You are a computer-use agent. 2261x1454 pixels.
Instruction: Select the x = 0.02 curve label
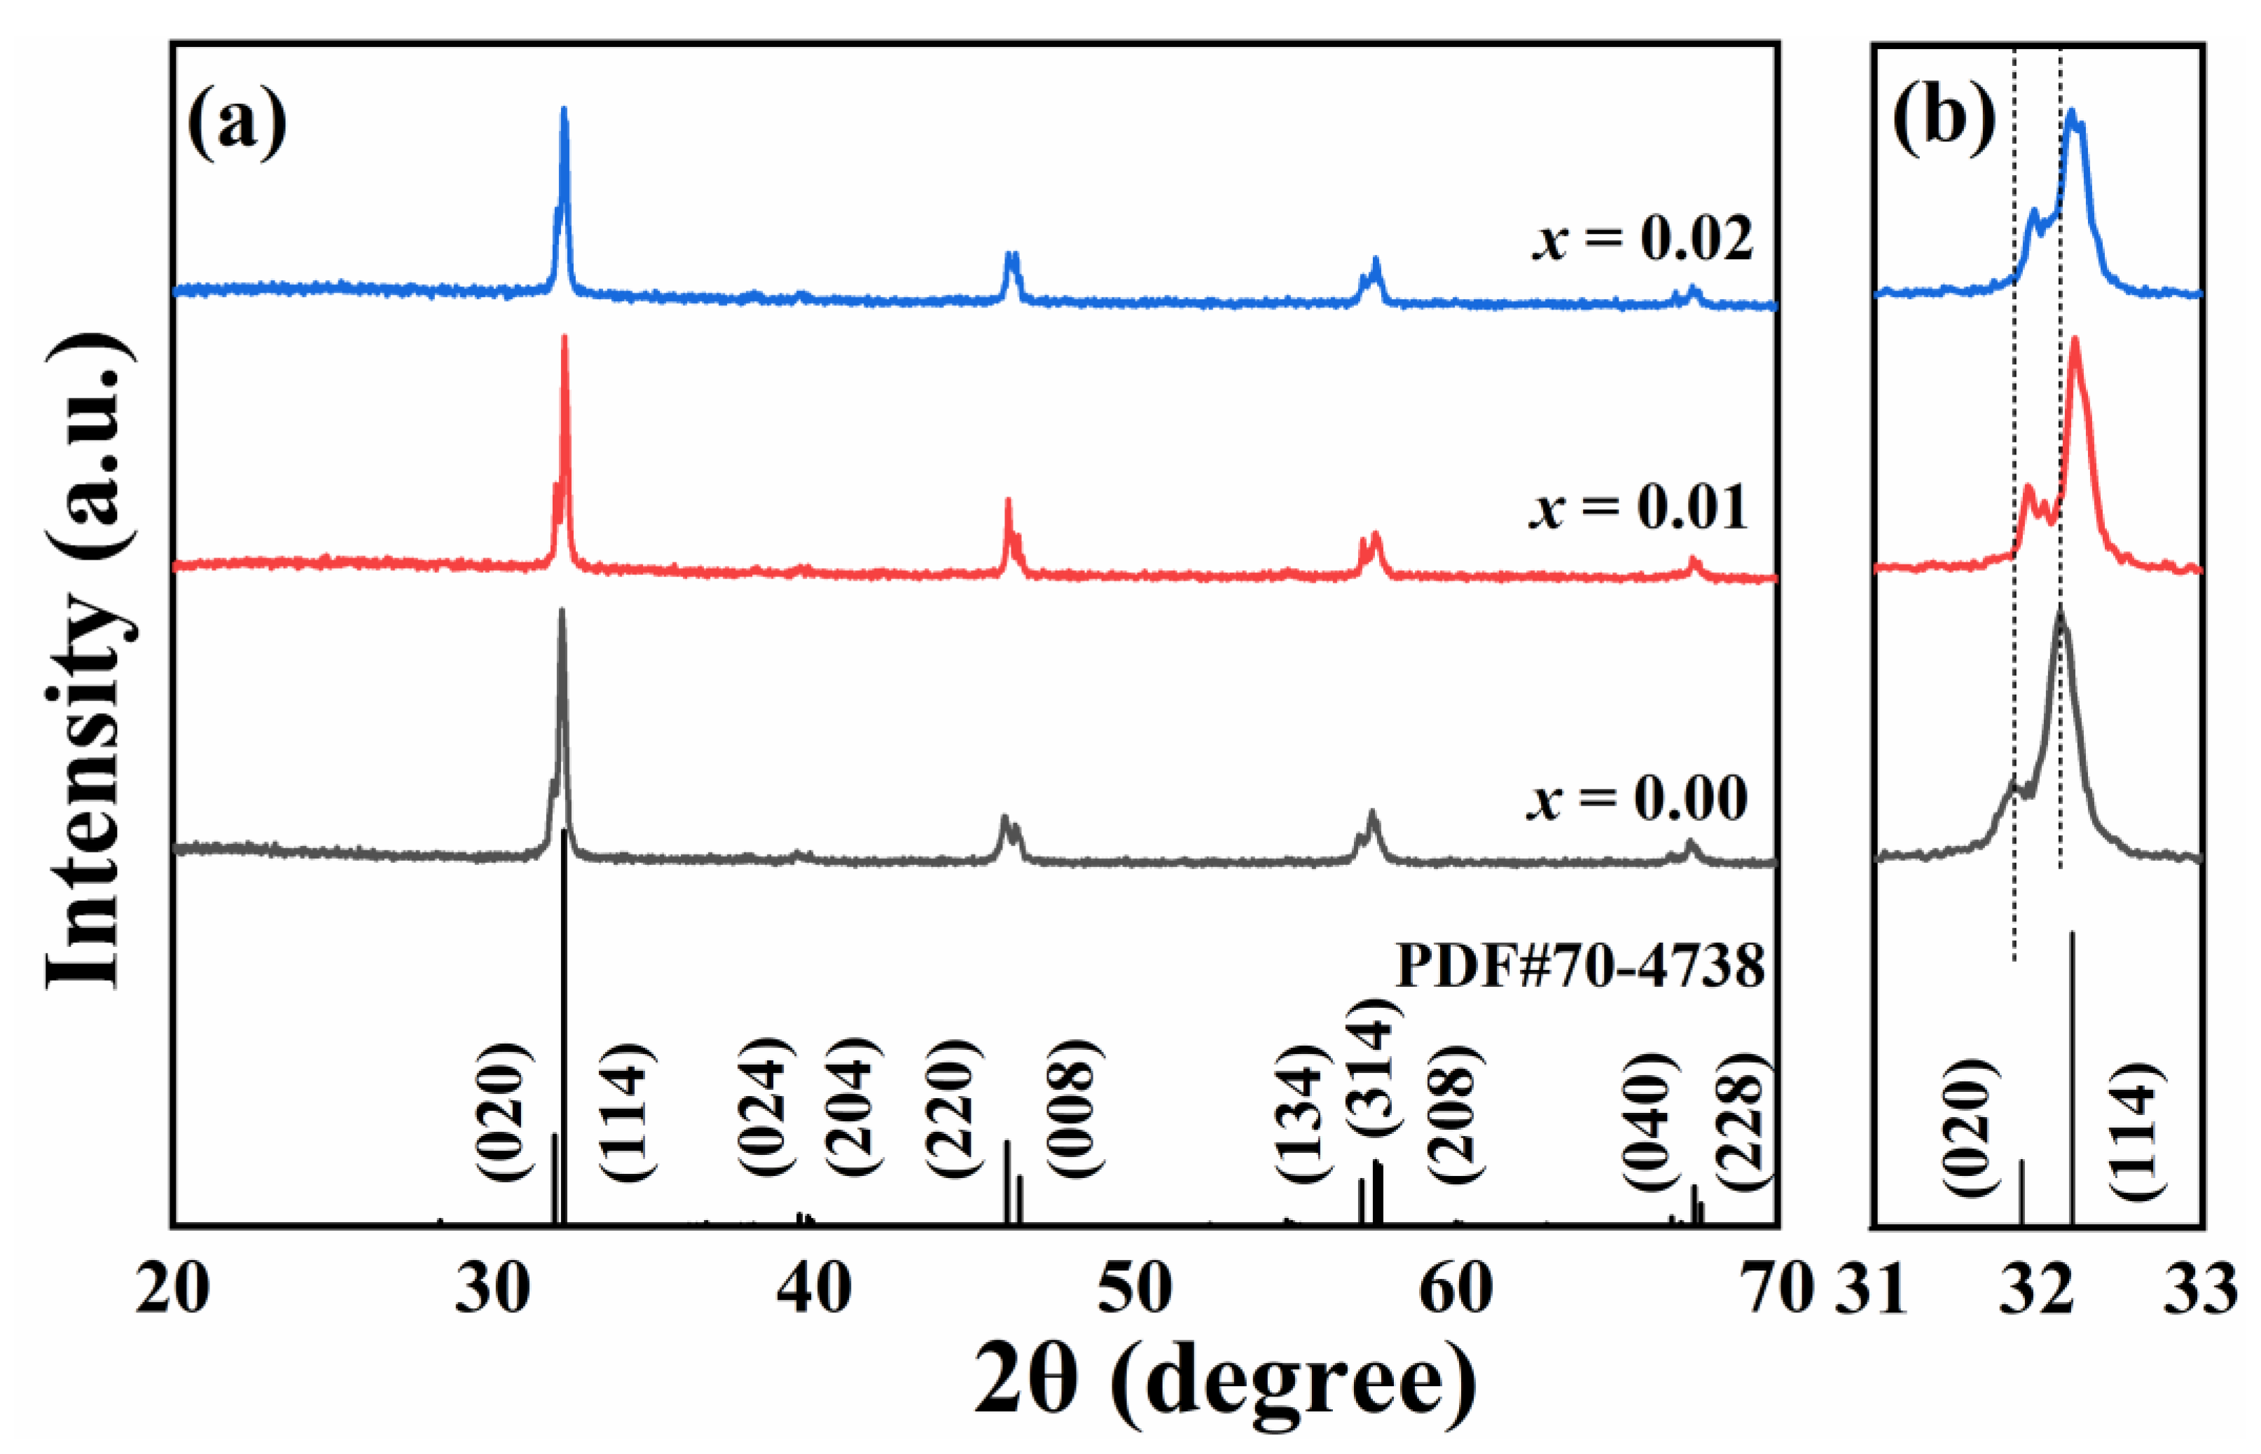1642,239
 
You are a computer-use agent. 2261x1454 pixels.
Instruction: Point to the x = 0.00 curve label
1637,798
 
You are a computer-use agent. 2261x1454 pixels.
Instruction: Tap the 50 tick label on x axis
1134,1288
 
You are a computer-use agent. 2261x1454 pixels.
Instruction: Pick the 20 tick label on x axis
172,1288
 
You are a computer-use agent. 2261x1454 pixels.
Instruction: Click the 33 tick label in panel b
2199,1288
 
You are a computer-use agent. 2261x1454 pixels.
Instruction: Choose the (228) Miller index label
1739,1128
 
